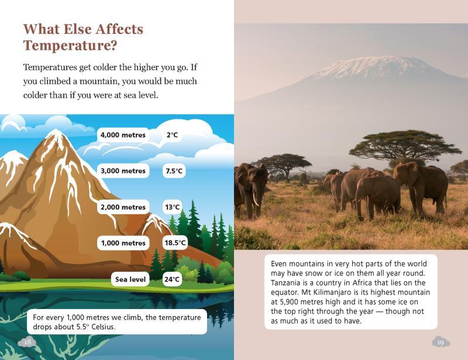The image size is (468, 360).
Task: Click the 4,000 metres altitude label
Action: [123, 135]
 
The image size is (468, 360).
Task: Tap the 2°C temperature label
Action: [172, 135]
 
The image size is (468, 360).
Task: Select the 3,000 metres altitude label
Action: [123, 171]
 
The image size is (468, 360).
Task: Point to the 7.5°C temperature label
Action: [174, 171]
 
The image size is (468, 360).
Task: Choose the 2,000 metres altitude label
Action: [123, 207]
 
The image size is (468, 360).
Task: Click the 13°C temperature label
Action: [172, 207]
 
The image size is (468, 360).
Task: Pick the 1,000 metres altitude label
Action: [123, 243]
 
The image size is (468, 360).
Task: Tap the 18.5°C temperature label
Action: [175, 242]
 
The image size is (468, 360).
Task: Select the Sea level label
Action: [130, 279]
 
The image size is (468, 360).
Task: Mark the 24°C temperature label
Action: [172, 279]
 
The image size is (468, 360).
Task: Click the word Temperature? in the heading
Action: [70, 46]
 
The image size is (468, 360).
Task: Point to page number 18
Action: [27, 342]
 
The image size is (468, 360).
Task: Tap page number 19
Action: [441, 342]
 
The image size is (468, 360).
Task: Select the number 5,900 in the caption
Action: [290, 301]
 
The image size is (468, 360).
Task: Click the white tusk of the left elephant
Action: [256, 199]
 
